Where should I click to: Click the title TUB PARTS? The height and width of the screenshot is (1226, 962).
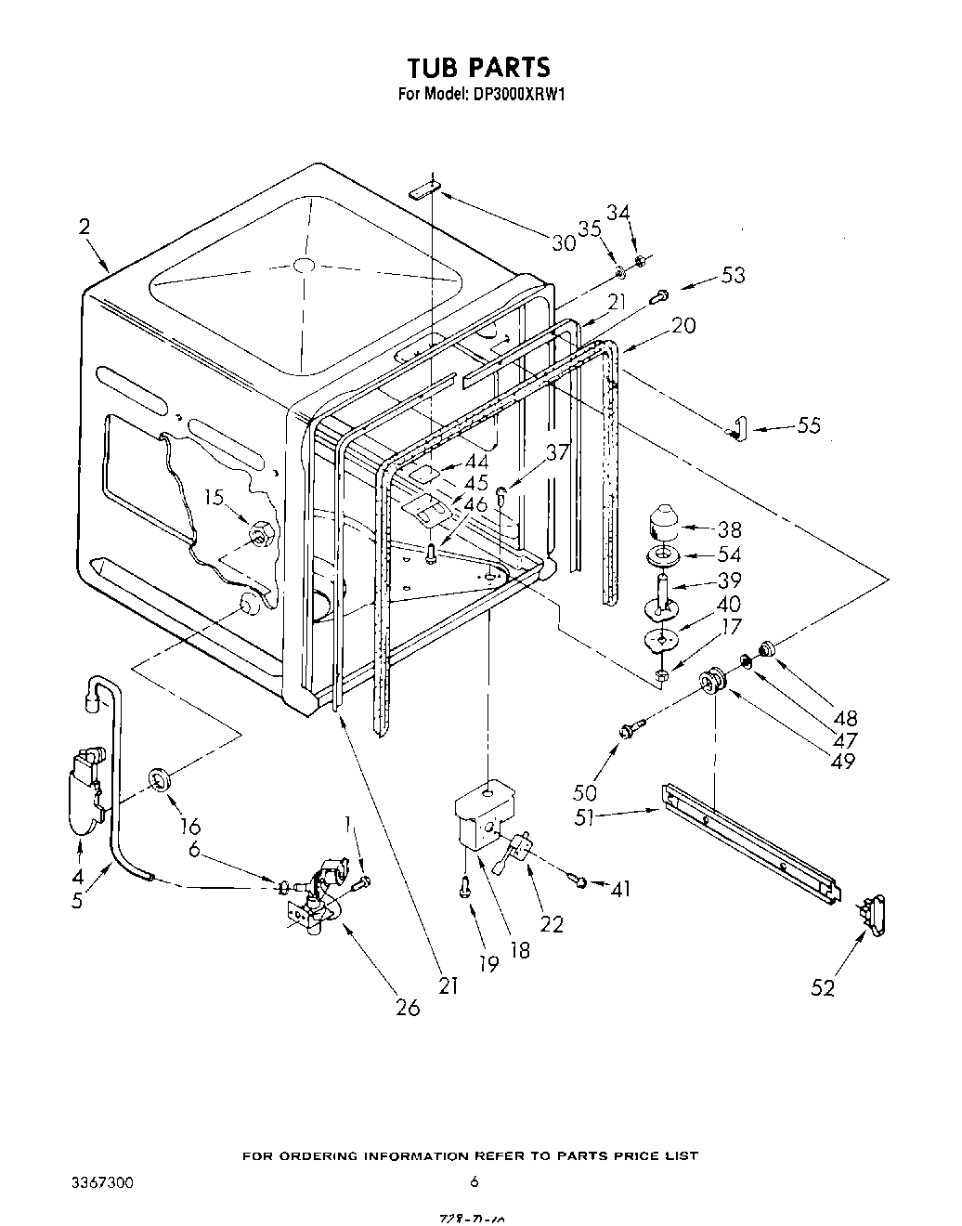coord(479,67)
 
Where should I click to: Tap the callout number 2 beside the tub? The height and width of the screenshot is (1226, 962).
coord(84,227)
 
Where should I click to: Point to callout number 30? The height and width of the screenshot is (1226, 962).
coord(564,243)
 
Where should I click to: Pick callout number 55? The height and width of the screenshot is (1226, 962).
coord(809,425)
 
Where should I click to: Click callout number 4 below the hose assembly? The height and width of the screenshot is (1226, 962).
coord(78,876)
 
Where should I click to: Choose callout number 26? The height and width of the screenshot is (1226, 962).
coord(408,1008)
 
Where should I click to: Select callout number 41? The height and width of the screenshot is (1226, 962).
coord(620,889)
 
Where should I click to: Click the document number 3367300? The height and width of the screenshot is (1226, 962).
coord(102,1182)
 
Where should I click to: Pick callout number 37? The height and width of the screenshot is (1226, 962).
coord(557,453)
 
